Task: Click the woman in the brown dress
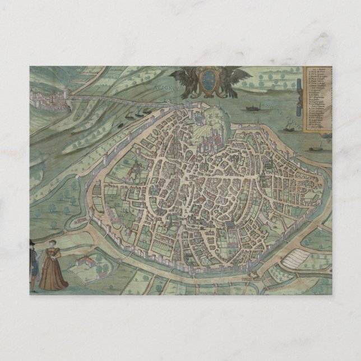52,268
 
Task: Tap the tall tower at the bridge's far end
68,94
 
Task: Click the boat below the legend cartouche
316,149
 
